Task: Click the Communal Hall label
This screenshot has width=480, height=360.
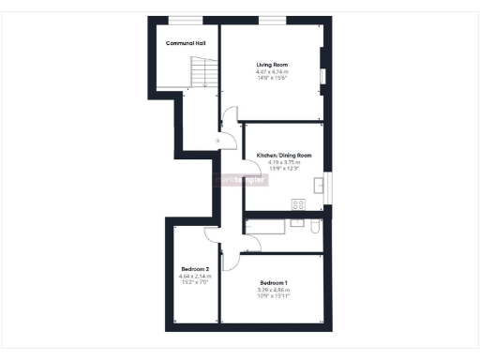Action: tap(186, 43)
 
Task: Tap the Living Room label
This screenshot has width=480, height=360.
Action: tap(273, 64)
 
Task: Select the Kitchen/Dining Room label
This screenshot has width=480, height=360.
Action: tap(283, 156)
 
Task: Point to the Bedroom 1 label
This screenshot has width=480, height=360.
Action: tap(274, 283)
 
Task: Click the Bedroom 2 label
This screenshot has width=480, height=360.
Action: tap(195, 269)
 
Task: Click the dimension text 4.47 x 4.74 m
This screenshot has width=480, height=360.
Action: tap(273, 71)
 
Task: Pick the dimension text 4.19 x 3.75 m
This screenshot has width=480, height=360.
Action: tap(283, 162)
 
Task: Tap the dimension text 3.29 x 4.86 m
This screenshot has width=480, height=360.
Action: tap(274, 290)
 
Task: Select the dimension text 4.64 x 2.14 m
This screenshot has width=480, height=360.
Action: tap(195, 276)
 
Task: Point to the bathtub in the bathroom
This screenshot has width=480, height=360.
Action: tap(267, 225)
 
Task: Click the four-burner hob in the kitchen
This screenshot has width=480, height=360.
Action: tap(298, 203)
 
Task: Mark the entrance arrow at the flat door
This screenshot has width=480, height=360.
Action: tap(217, 142)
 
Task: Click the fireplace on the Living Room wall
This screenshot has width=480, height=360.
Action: tap(322, 75)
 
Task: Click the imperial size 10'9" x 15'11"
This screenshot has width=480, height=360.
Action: tap(274, 296)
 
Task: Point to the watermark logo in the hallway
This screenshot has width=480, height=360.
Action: tap(241, 179)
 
